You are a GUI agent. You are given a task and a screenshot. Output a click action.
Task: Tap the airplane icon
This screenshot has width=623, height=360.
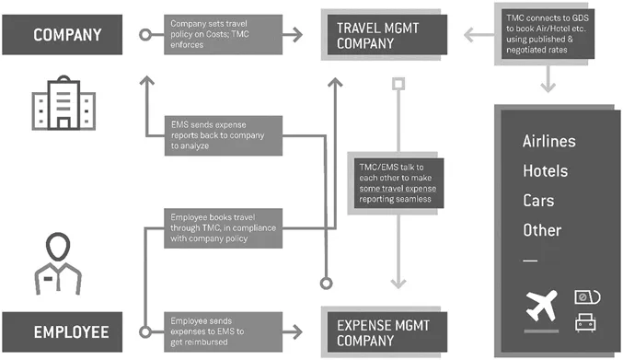542,307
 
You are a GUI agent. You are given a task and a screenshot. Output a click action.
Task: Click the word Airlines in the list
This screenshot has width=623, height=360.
548,142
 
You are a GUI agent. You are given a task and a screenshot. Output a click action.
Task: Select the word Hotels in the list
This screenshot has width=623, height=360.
545,171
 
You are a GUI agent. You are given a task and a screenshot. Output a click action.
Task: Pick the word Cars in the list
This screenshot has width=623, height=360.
537,201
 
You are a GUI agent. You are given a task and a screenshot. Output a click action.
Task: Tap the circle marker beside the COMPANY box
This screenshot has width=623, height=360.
144,36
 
